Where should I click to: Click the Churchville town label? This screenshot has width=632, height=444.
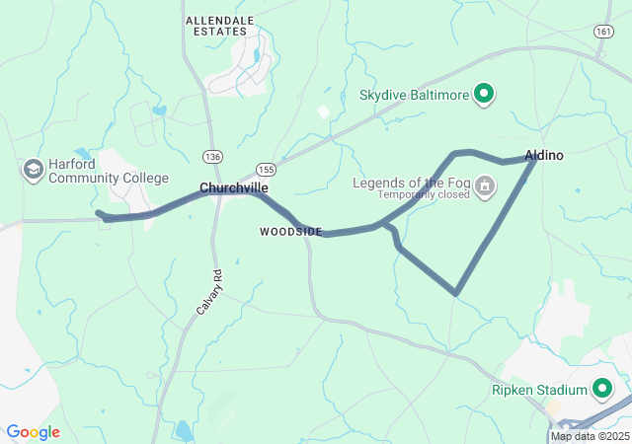[x=234, y=187]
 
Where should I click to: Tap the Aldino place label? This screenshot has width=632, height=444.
[x=544, y=156]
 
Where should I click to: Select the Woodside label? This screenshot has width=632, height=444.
[x=290, y=232]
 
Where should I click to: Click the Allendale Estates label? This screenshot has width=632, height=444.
[x=219, y=26]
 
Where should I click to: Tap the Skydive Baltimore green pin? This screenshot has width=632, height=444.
[x=484, y=95]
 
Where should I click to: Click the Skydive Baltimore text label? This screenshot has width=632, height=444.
[x=414, y=95]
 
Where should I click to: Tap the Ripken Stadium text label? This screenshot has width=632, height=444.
[x=539, y=390]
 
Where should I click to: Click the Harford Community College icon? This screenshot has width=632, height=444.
[x=34, y=170]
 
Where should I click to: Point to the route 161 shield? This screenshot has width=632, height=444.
[x=603, y=32]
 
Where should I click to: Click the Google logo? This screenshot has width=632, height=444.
[x=33, y=432]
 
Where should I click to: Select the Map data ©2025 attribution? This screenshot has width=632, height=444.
[x=590, y=436]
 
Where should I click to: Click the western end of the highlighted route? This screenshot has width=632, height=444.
[x=98, y=212]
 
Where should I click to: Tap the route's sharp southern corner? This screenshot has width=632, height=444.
[x=455, y=293]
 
